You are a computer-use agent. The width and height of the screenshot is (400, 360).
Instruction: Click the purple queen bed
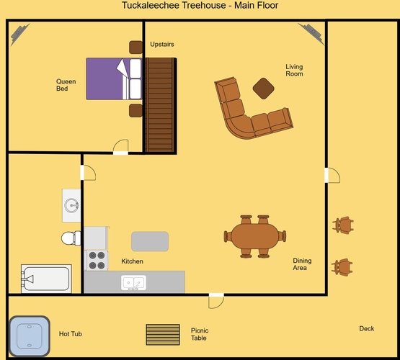pyautogui.click(x=114, y=78)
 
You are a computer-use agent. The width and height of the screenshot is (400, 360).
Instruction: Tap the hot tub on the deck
pyautogui.click(x=30, y=336)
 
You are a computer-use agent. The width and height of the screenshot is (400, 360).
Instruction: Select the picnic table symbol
pyautogui.click(x=163, y=335)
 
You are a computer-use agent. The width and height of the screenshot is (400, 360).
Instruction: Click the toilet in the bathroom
pyautogui.click(x=71, y=238)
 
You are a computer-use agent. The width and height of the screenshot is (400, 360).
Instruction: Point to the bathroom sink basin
pyautogui.click(x=71, y=205)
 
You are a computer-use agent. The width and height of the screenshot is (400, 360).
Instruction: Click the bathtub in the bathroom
pyautogui.click(x=46, y=279)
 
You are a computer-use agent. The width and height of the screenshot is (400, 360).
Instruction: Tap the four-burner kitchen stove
pyautogui.click(x=97, y=260)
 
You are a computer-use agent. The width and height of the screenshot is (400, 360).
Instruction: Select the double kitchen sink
pyautogui.click(x=133, y=282)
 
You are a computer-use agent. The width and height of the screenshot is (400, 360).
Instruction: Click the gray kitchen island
pyautogui.click(x=150, y=241)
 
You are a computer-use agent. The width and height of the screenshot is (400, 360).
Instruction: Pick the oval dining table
pyautogui.click(x=255, y=236)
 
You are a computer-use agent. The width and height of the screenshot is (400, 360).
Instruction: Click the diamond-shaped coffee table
pyautogui.click(x=264, y=89)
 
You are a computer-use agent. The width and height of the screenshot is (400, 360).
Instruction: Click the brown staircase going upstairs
pyautogui.click(x=160, y=105)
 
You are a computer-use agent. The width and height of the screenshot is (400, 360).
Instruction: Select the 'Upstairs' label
pyautogui.click(x=162, y=44)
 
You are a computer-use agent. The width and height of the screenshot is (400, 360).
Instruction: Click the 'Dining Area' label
pyautogui.click(x=302, y=264)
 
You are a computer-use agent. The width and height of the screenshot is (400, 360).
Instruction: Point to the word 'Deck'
pyautogui.click(x=367, y=328)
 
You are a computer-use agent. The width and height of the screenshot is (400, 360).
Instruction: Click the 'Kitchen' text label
pyautogui.click(x=132, y=261)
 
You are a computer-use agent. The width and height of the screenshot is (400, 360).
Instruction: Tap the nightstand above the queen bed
pyautogui.click(x=135, y=47)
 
